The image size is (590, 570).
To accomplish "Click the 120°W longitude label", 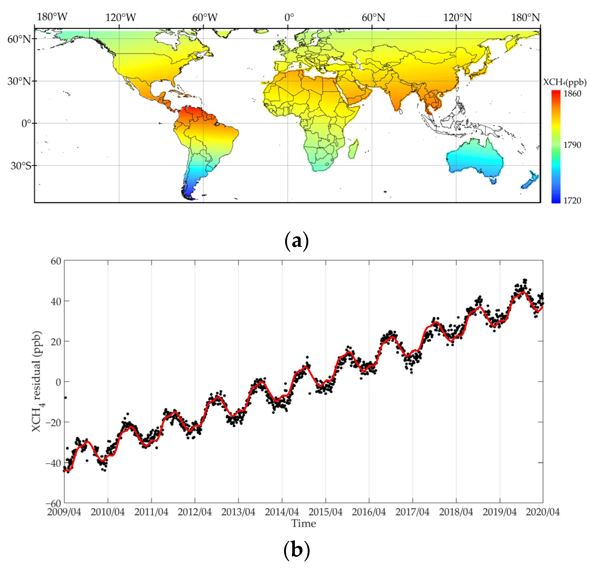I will (120, 17).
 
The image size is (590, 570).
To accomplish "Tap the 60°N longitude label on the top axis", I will (373, 17).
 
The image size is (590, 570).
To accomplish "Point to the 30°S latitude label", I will (21, 166).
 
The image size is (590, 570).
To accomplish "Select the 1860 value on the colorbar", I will (572, 94).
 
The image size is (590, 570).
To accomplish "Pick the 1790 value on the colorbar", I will (572, 145).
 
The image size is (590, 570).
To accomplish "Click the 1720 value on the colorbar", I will (572, 201).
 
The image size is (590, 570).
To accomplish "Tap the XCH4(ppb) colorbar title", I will (565, 82).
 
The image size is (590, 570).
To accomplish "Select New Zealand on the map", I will (530, 181).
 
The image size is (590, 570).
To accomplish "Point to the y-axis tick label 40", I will (56, 301).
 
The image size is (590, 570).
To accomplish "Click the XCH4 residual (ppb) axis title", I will (37, 382).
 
